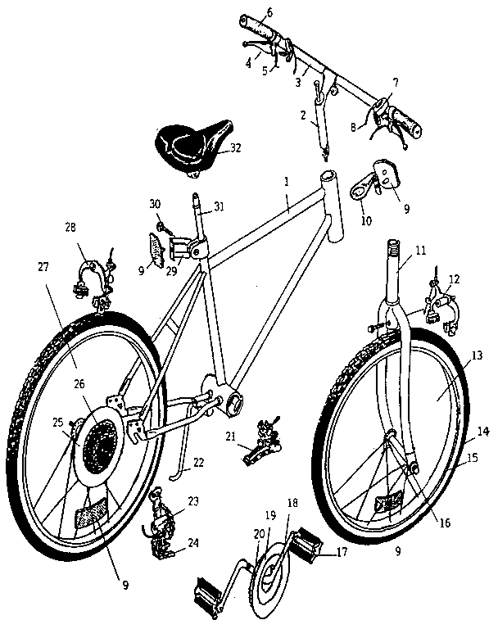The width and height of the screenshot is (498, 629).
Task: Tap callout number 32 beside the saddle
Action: pyautogui.click(x=236, y=149)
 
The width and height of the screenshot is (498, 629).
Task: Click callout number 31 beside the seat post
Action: pyautogui.click(x=219, y=206)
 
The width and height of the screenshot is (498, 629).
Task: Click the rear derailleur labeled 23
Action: pyautogui.click(x=167, y=520)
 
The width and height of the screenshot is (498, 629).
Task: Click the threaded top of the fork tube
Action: pyautogui.click(x=394, y=248)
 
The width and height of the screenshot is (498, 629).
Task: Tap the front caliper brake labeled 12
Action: pyautogui.click(x=440, y=308)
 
